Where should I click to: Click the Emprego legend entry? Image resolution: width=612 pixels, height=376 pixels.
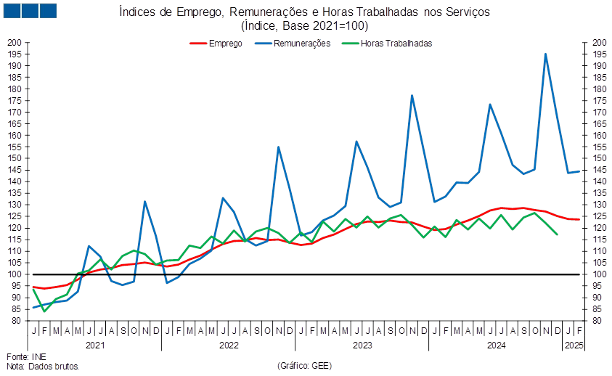pyautogui.click(x=216, y=44)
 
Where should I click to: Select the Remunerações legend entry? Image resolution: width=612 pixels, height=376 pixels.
pyautogui.click(x=293, y=44)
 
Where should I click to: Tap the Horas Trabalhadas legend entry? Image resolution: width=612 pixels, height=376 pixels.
pyautogui.click(x=387, y=44)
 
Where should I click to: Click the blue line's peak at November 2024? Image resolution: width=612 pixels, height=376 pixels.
pyautogui.click(x=545, y=54)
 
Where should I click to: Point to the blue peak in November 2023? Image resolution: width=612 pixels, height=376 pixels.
pyautogui.click(x=412, y=96)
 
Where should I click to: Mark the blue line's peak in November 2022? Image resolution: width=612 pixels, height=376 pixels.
pyautogui.click(x=278, y=147)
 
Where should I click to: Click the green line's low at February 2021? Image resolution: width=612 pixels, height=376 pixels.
pyautogui.click(x=44, y=311)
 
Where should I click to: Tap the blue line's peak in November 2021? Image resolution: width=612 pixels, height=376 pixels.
pyautogui.click(x=144, y=202)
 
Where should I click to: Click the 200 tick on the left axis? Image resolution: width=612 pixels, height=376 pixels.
pyautogui.click(x=14, y=43)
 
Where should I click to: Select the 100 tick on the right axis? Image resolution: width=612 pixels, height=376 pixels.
pyautogui.click(x=599, y=274)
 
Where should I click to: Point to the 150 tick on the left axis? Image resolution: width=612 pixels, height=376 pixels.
pyautogui.click(x=14, y=158)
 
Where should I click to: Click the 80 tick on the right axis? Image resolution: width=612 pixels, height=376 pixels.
pyautogui.click(x=597, y=321)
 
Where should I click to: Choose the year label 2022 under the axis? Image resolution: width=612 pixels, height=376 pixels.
pyautogui.click(x=229, y=346)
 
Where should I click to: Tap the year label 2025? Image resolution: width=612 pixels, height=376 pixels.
pyautogui.click(x=574, y=346)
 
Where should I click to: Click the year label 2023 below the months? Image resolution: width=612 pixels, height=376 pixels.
pyautogui.click(x=362, y=346)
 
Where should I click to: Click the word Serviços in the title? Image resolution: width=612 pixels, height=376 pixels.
pyautogui.click(x=468, y=12)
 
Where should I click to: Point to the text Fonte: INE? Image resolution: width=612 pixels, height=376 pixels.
pyautogui.click(x=27, y=357)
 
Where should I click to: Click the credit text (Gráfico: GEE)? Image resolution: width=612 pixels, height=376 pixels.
pyautogui.click(x=304, y=366)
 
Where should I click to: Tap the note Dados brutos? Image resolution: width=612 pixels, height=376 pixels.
pyautogui.click(x=54, y=367)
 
